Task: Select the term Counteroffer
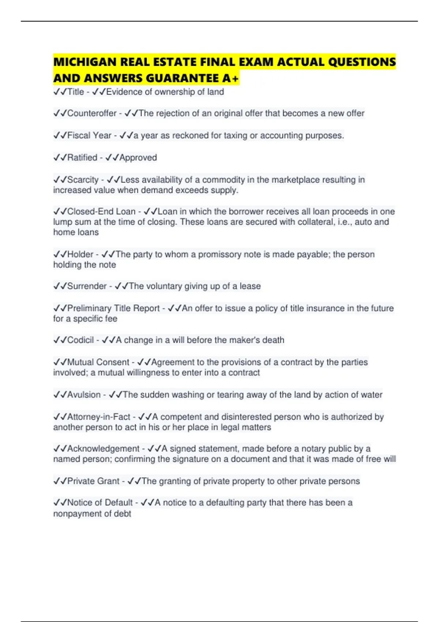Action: [x=91, y=113]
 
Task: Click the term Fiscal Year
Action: [x=89, y=135]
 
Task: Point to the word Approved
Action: [x=138, y=158]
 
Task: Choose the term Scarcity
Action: [x=83, y=180]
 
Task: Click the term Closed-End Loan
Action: [x=101, y=211]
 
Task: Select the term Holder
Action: [x=80, y=254]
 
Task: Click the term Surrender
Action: [x=87, y=286]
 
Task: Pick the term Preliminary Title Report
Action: [x=113, y=308]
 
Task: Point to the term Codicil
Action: [x=80, y=340]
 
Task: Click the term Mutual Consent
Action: [x=98, y=362]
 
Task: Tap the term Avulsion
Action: [x=84, y=395]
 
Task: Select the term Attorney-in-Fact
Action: [x=98, y=417]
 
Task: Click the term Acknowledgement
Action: [x=103, y=449]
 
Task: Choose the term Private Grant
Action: [x=93, y=481]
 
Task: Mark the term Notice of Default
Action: [x=100, y=503]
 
